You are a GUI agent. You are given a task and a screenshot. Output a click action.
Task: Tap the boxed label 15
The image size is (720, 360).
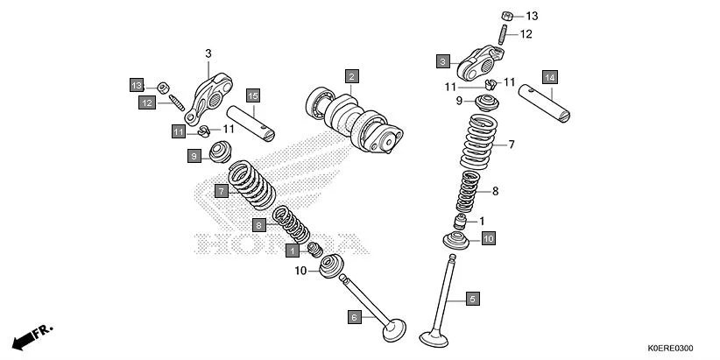(252, 95)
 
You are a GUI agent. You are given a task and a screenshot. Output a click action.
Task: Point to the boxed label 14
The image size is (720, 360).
(549, 77)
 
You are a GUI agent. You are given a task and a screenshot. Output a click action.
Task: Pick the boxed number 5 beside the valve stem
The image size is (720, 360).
(471, 300)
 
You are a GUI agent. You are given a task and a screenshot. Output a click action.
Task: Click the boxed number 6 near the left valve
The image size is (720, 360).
(355, 317)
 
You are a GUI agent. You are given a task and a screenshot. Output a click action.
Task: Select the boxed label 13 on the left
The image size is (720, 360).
(137, 86)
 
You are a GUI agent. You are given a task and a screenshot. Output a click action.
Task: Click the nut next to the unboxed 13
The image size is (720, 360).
(507, 16)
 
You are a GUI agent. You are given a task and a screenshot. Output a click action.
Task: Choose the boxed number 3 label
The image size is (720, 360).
(444, 61)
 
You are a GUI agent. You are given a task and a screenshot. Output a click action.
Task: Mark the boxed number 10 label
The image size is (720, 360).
(488, 237)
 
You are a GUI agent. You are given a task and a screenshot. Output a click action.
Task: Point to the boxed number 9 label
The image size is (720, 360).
(194, 156)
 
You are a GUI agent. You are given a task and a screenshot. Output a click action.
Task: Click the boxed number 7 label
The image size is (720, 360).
(222, 190)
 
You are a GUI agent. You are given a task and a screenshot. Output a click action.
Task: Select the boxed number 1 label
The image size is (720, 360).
(292, 251)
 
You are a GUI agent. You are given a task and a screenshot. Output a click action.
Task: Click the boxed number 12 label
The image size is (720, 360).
(146, 103)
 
